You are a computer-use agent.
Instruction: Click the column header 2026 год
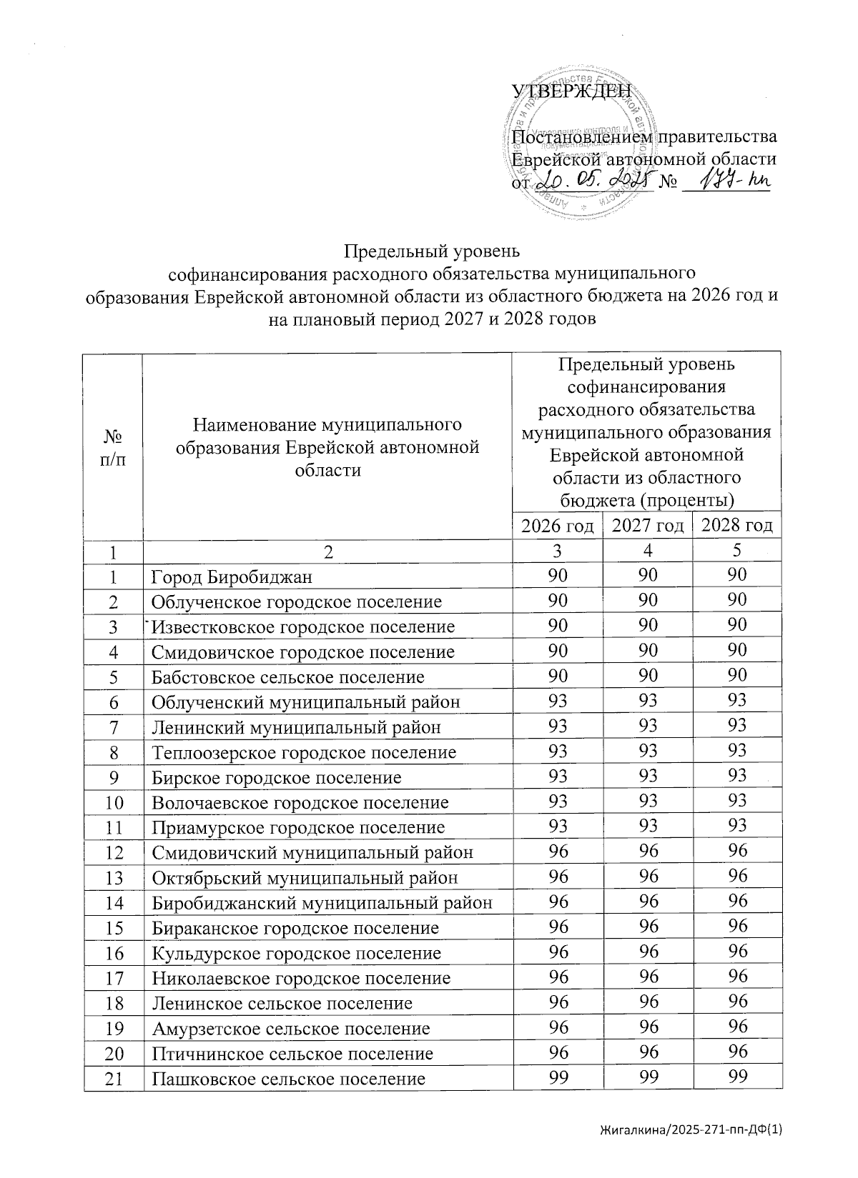point(558,526)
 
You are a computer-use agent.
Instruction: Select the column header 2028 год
point(737,526)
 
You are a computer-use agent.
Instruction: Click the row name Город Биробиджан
point(232,576)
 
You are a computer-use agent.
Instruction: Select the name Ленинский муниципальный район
point(296,727)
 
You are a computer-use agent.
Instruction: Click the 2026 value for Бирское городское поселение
point(558,777)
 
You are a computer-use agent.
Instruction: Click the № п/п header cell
point(113,446)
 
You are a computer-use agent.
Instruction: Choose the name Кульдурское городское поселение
point(296,953)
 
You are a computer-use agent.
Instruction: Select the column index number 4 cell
point(648,551)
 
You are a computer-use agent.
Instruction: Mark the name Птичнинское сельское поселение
point(292,1054)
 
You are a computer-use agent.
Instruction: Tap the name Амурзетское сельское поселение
point(290,1029)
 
